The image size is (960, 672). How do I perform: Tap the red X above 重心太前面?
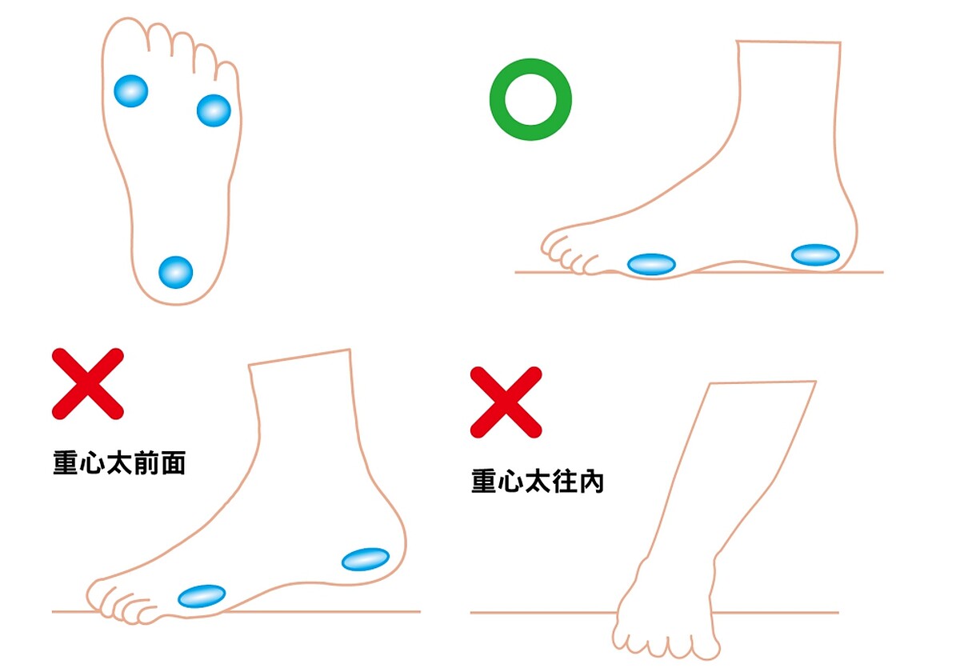(88, 383)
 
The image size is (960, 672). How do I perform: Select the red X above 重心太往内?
(506, 402)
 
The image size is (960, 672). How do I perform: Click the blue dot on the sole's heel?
(176, 272)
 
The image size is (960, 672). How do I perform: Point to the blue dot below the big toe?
(131, 91)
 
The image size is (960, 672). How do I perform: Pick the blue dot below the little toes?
(214, 110)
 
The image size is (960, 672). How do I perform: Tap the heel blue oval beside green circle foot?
(815, 255)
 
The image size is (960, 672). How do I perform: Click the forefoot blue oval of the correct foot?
(651, 264)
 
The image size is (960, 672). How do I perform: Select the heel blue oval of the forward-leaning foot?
(366, 559)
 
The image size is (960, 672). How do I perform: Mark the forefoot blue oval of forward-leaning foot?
(202, 596)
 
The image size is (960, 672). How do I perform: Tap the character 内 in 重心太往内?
(591, 482)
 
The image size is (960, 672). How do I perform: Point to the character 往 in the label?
(565, 482)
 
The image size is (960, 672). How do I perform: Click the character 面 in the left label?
(173, 463)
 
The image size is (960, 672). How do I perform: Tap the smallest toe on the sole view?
(227, 73)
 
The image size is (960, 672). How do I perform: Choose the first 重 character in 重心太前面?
(66, 463)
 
